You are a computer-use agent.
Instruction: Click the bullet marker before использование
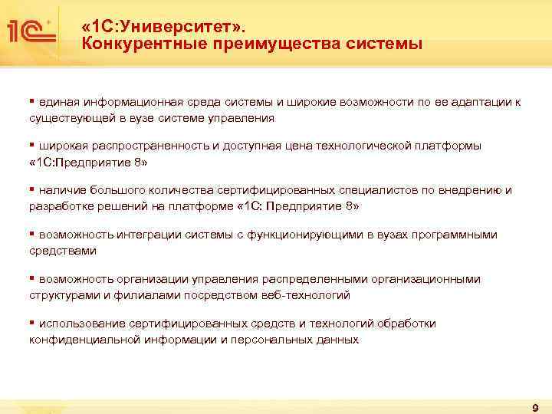[32, 323]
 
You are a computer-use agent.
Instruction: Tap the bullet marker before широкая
[32, 145]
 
